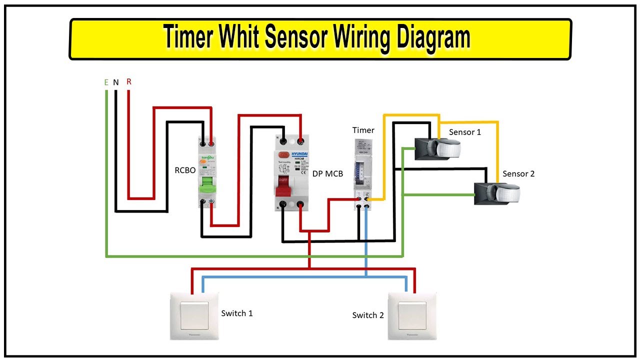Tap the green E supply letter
(106, 82)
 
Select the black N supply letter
(116, 82)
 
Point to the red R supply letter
(128, 81)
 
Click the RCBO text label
(184, 170)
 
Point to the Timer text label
(363, 130)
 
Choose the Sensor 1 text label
(465, 132)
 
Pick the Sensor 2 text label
(518, 173)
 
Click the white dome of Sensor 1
(448, 148)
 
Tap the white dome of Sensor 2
(505, 192)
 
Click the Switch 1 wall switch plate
(194, 316)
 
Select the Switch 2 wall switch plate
(412, 316)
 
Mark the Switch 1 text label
(237, 313)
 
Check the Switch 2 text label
(368, 315)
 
